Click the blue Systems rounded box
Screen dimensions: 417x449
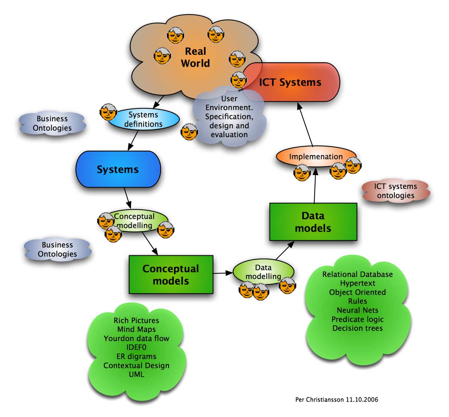coord(118,169)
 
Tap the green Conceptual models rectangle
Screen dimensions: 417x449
coord(171,275)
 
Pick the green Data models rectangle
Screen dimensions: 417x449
coord(313,222)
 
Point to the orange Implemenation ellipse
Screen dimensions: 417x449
coord(316,156)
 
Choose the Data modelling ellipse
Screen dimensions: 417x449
coord(263,272)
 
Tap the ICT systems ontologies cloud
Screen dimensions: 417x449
coord(395,191)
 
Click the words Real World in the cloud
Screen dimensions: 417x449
coord(195,57)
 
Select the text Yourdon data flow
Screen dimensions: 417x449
coord(136,338)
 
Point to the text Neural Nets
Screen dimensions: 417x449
coord(357,310)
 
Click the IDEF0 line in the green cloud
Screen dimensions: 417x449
coord(136,347)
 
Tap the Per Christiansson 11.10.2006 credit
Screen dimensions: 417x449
coord(337,400)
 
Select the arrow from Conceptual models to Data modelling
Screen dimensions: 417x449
coord(223,273)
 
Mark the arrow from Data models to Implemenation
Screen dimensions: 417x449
coord(315,185)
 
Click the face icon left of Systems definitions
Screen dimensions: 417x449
coord(108,112)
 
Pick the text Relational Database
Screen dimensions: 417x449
coord(357,274)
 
